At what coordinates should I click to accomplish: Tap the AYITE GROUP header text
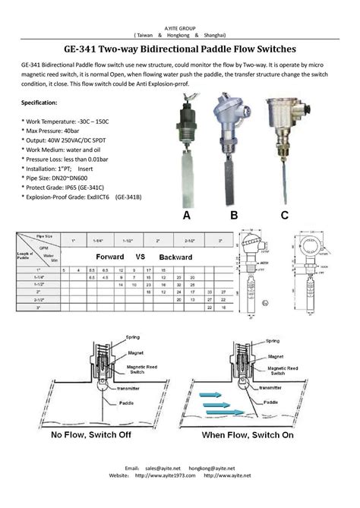[180, 27]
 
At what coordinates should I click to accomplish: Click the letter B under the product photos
[234, 216]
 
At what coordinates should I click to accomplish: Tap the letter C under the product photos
[283, 216]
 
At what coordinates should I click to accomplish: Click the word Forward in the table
[110, 257]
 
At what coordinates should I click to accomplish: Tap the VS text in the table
[140, 257]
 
